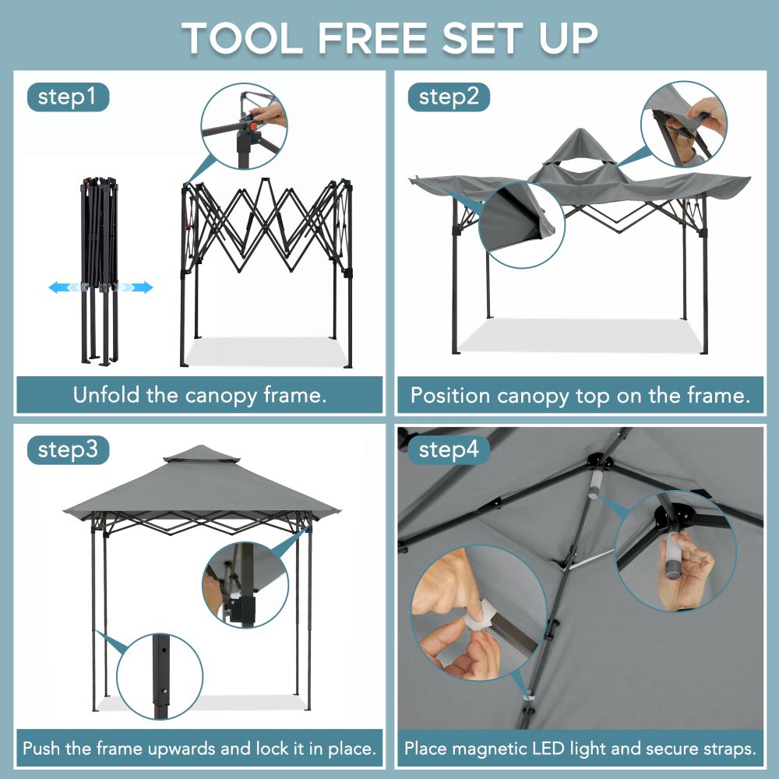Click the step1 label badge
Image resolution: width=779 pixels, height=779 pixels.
[68, 97]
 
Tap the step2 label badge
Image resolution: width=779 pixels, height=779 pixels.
[449, 97]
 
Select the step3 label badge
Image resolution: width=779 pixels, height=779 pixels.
[68, 450]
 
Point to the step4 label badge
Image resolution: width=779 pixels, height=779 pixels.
[449, 450]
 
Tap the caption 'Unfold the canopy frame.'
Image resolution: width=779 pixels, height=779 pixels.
[199, 395]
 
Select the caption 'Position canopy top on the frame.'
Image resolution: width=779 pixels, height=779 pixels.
[580, 396]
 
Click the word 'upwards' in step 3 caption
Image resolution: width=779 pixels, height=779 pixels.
[174, 749]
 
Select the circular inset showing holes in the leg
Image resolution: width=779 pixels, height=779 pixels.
[160, 675]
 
